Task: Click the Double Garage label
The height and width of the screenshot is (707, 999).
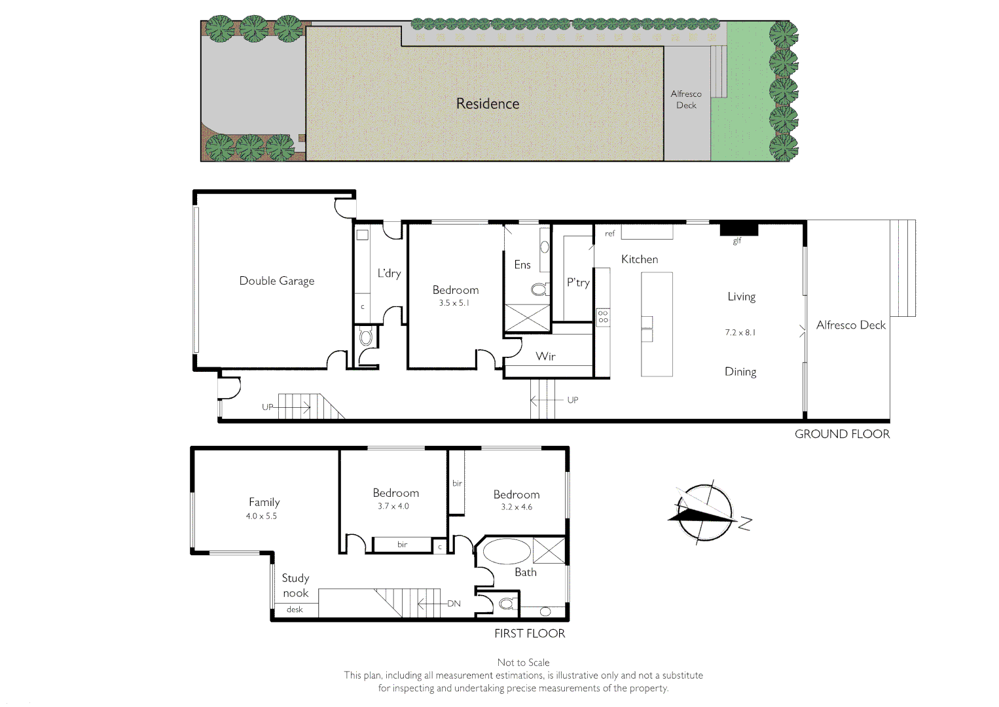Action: point(276,281)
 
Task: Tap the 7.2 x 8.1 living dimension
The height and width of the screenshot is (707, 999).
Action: point(740,333)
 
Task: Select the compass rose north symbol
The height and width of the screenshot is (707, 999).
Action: point(704,513)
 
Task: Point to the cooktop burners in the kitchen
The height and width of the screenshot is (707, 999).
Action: point(603,317)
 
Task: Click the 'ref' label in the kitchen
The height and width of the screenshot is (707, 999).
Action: point(609,234)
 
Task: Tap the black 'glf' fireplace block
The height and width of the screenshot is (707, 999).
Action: point(738,229)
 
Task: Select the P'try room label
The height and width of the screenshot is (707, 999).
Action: point(578,283)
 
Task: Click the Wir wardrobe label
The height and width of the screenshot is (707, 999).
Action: point(545,357)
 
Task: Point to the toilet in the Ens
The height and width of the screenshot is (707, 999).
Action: point(539,289)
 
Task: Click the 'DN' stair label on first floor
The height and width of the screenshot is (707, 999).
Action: point(454,604)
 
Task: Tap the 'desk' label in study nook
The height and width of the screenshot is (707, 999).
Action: point(295,609)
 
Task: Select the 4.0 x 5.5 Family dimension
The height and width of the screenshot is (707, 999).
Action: point(261,517)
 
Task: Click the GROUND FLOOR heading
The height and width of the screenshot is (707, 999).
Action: point(842,434)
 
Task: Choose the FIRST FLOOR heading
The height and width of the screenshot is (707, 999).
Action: point(529,634)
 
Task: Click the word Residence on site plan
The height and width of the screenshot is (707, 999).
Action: point(488,103)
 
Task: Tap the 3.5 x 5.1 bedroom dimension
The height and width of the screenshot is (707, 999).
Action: point(454,303)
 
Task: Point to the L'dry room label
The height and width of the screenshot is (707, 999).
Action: point(389,273)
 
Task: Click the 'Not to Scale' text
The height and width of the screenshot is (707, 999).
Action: point(523,662)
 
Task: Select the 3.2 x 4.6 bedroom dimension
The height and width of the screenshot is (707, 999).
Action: point(517,507)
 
